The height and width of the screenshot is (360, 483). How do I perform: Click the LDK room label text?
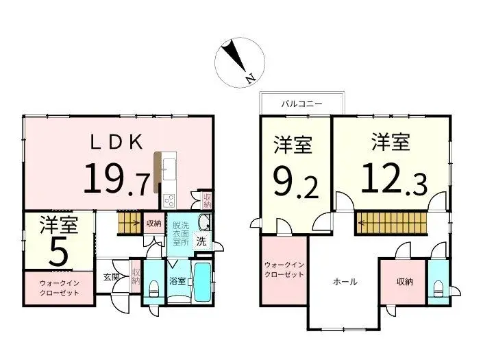(118, 142)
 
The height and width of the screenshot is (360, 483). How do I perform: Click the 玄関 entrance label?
(112, 277)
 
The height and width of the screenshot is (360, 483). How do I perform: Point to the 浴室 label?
(177, 281)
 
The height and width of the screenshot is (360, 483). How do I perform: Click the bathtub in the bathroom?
(201, 283)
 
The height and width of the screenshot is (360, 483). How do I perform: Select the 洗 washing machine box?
(201, 241)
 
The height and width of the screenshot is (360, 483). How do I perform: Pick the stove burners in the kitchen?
(169, 201)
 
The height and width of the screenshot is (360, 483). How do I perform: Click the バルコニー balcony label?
(302, 104)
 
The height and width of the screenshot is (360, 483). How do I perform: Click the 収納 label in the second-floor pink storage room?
(404, 281)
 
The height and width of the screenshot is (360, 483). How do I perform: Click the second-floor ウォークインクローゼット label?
(283, 271)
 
